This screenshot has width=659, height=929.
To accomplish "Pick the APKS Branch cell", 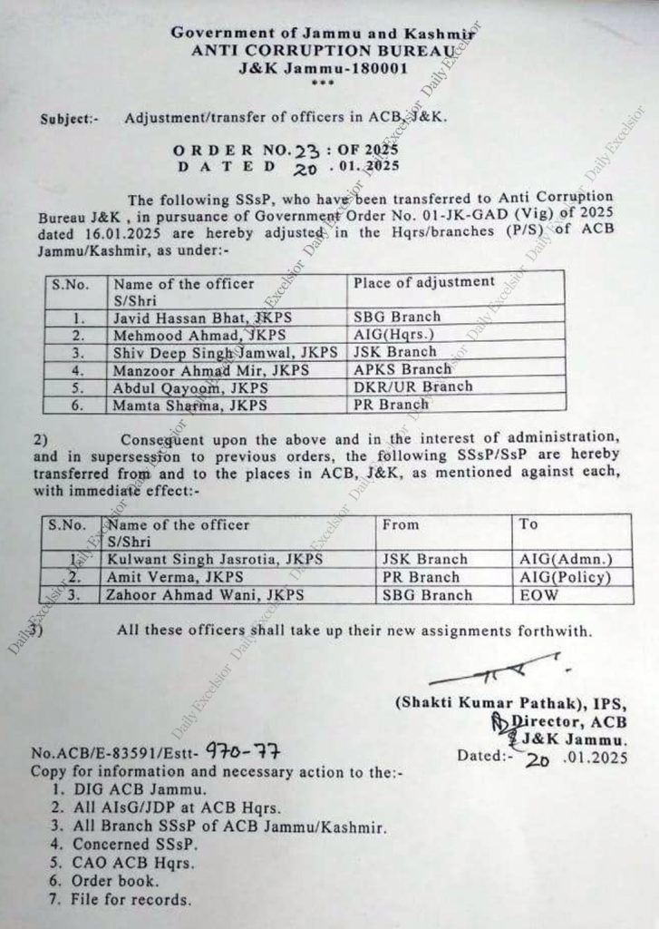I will (402, 370).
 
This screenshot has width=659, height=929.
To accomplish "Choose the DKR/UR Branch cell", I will (412, 387).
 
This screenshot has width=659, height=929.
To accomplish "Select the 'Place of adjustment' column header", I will (423, 283).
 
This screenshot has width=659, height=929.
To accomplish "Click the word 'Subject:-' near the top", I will (66, 119).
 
